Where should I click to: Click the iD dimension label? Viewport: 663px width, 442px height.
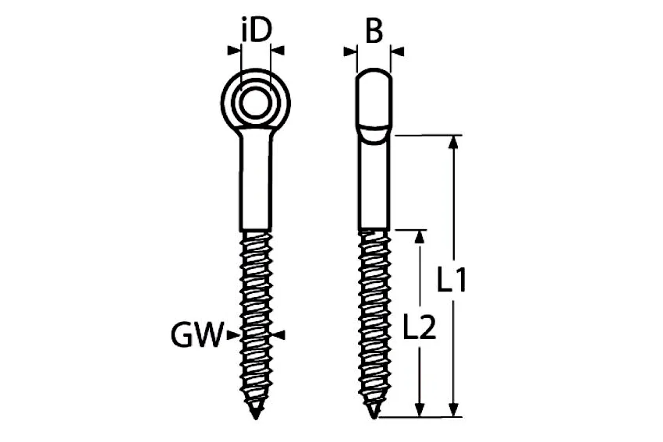255,29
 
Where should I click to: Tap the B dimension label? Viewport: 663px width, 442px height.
374,30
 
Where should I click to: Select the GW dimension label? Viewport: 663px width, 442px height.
197,334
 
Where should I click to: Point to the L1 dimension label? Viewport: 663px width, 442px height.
451,279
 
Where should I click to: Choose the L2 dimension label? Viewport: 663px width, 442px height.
419,326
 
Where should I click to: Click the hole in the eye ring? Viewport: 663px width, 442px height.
256,102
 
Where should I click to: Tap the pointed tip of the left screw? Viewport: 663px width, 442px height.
255,418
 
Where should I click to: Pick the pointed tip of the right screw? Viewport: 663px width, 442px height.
374,418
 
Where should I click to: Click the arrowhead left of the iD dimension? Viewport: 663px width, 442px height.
234,51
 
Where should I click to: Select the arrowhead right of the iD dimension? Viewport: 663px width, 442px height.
278,51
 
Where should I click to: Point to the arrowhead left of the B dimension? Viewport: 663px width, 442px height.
350,51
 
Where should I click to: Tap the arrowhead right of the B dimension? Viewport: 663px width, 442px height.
398,51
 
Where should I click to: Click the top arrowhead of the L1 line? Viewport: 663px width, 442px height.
453,143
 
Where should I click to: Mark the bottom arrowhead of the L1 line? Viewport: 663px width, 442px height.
453,410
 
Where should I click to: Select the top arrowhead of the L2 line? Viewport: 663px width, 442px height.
419,237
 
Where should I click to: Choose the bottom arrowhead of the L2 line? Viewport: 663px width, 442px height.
419,410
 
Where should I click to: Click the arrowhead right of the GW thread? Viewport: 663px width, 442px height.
278,335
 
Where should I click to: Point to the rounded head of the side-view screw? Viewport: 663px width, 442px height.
374,99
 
